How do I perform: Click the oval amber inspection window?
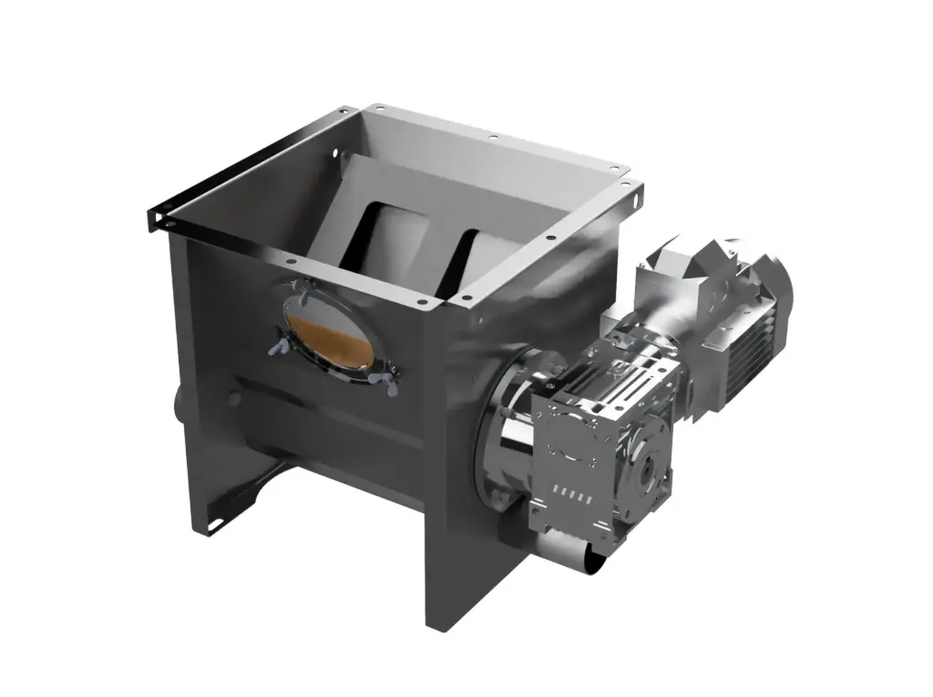(328, 333)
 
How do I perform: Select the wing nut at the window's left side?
(276, 349)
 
